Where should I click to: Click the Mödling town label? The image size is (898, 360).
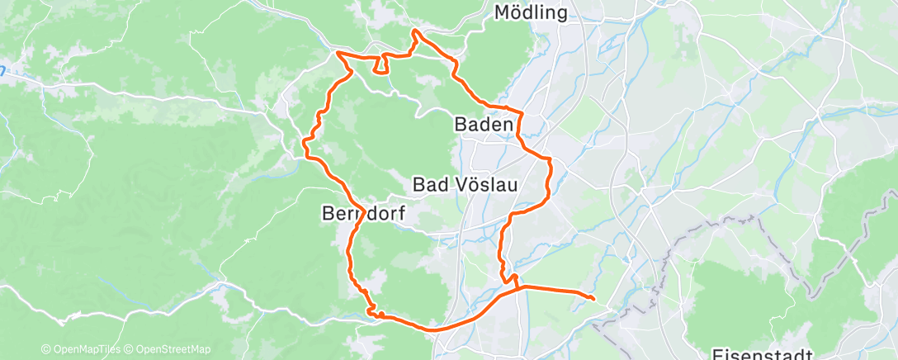532,12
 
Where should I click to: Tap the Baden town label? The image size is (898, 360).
484,125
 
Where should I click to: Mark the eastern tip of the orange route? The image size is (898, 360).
594,297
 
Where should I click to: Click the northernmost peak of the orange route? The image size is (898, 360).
414,31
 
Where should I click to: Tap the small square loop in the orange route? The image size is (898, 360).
381,64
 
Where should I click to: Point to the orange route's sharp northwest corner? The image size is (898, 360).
337,54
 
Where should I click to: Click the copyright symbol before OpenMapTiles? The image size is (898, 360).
45,349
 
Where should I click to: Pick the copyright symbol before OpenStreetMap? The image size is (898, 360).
132,349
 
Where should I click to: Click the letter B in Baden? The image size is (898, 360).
461,125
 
